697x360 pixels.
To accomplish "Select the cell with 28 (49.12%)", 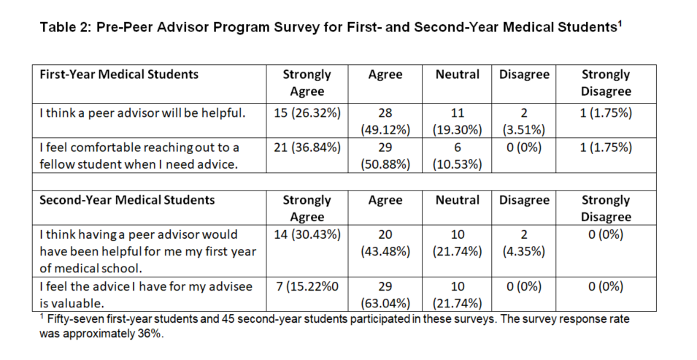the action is pos(385,121).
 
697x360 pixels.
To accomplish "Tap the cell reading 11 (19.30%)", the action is pos(458,121).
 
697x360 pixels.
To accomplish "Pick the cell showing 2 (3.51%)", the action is pos(523,121).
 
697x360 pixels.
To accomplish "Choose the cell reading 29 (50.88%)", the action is pos(385,156).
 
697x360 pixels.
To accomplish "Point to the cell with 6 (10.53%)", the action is pos(458,156).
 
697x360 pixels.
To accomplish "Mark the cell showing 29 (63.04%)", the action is pos(385,294).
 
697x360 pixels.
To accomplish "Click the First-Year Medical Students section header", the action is pos(119,74).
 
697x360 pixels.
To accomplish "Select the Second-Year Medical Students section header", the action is pos(127,200).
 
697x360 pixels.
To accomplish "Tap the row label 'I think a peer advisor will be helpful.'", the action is pos(142,113).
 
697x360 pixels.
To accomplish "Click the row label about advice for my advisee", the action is pos(146,294).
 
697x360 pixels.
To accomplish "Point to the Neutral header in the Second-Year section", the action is pos(458,200).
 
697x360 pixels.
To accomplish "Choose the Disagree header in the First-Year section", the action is pos(524,74).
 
